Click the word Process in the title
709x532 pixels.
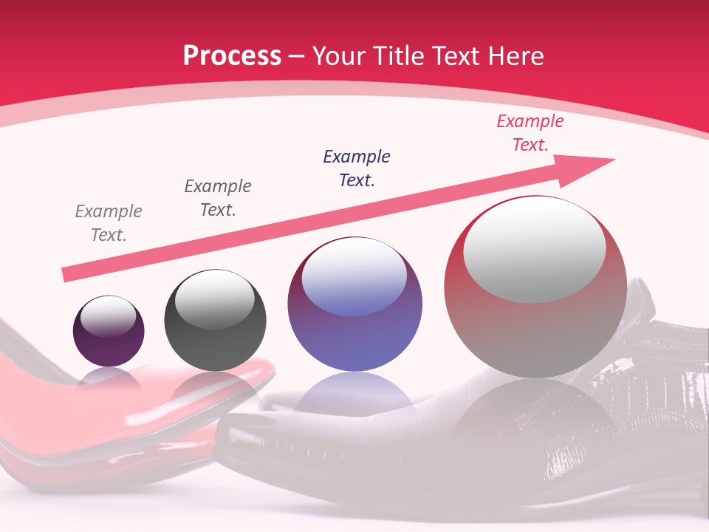pos(232,56)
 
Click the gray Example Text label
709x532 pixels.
pos(109,223)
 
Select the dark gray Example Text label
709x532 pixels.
pos(218,198)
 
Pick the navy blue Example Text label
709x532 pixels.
pos(357,168)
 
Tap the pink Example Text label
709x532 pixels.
pos(530,133)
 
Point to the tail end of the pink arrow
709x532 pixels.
pos(68,275)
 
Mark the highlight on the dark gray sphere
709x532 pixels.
pos(214,300)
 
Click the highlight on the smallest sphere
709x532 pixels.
pos(108,316)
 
